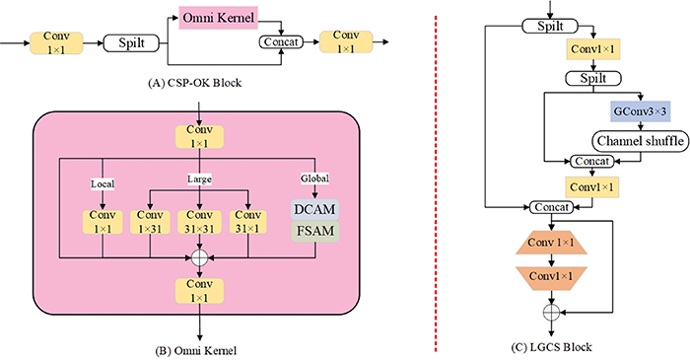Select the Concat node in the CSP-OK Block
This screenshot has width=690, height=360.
[x=279, y=42]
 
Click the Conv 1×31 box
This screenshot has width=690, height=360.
[x=150, y=223]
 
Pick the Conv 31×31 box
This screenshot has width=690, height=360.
[x=200, y=223]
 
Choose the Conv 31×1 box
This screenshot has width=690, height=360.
[x=250, y=223]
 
